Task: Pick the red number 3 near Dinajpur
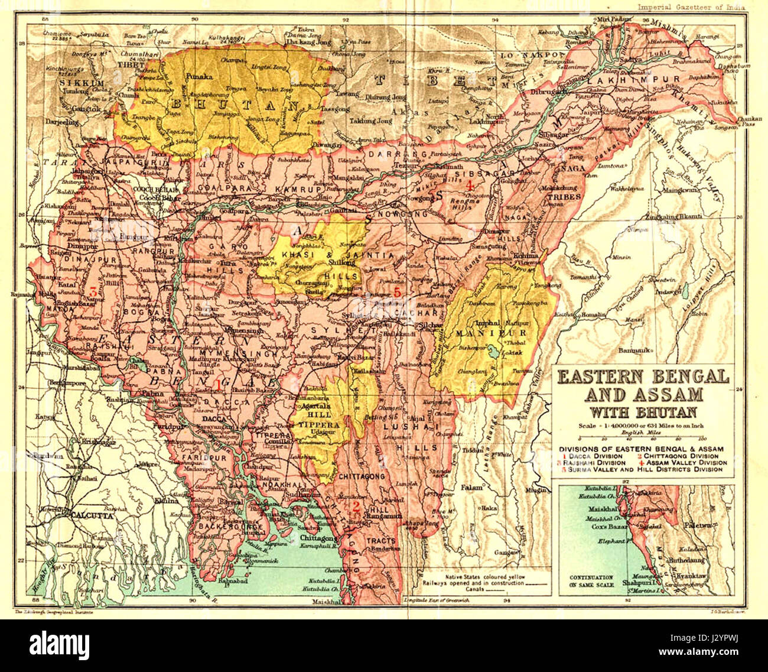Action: (93, 291)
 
